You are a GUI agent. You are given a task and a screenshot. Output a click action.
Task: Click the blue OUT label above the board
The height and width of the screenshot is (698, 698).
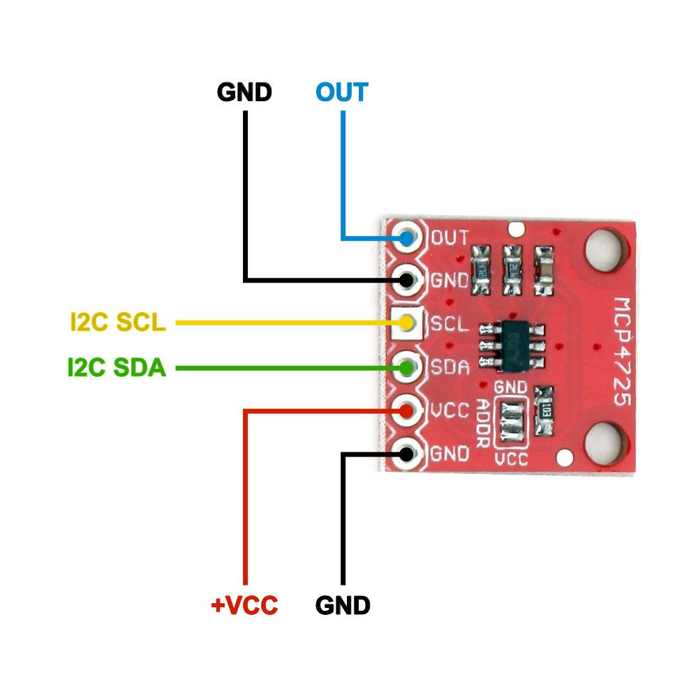(x=341, y=91)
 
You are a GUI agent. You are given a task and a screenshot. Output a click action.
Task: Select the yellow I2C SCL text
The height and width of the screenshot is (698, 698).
(x=118, y=322)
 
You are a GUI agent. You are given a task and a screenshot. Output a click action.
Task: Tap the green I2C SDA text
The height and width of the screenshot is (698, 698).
(x=117, y=367)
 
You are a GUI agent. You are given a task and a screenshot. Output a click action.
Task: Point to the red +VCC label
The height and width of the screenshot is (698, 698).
(x=244, y=605)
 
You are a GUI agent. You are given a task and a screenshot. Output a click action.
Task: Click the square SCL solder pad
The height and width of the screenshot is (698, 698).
(x=407, y=323)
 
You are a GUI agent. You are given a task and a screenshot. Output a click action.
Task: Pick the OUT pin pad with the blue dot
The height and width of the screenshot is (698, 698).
(x=407, y=238)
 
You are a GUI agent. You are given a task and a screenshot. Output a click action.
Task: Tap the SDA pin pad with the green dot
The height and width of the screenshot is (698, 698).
(x=407, y=366)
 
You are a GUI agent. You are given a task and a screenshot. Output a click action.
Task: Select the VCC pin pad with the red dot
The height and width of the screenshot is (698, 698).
(x=407, y=411)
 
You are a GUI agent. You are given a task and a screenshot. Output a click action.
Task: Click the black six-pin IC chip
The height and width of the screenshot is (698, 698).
(x=512, y=346)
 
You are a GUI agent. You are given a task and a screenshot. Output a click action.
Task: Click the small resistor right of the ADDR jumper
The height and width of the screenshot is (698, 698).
(x=544, y=410)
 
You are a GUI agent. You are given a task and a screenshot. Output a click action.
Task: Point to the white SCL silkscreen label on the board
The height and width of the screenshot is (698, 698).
(x=449, y=324)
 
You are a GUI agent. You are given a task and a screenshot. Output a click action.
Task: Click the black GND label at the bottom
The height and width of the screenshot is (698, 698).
(x=342, y=605)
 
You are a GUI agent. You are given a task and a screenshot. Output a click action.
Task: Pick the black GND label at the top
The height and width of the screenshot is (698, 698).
(x=244, y=91)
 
